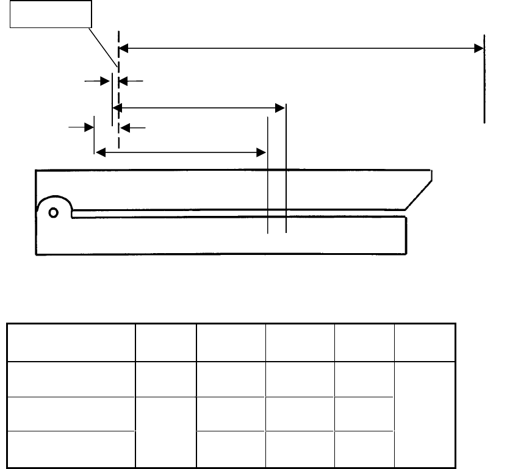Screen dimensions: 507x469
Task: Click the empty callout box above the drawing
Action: [51, 14]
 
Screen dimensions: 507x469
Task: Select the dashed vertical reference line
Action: [118, 91]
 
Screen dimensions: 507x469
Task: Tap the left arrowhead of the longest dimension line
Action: [123, 48]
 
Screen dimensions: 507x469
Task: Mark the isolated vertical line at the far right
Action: [484, 79]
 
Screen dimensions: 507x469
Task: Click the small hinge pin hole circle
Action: [54, 212]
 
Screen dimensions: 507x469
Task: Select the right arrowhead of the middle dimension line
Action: [281, 108]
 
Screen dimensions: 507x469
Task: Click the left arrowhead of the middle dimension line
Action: [118, 108]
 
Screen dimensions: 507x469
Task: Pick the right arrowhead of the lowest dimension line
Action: [262, 151]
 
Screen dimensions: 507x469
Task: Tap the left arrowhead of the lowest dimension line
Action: [99, 151]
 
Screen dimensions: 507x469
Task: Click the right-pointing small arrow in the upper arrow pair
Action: [104, 79]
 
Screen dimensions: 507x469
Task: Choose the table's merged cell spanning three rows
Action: [425, 415]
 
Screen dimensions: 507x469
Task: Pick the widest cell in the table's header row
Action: [71, 343]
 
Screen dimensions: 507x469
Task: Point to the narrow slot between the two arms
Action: [238, 213]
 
